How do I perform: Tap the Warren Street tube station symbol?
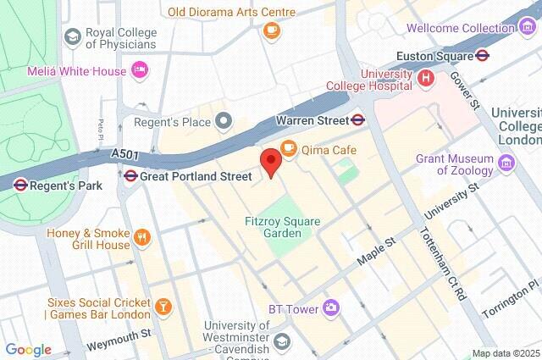(x=359, y=120)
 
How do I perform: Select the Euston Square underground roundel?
(x=482, y=56)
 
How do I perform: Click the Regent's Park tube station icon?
(x=21, y=183)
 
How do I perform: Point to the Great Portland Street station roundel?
(x=130, y=176)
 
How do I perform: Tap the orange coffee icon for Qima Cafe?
(x=288, y=149)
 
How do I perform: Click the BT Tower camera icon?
(x=332, y=308)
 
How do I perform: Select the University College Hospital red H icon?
(x=426, y=77)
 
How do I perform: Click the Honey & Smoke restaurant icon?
(x=142, y=238)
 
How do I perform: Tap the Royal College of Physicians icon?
(x=72, y=37)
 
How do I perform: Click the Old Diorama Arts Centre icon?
(x=271, y=31)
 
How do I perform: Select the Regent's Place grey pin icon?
(x=224, y=122)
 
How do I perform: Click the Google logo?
(x=28, y=350)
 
